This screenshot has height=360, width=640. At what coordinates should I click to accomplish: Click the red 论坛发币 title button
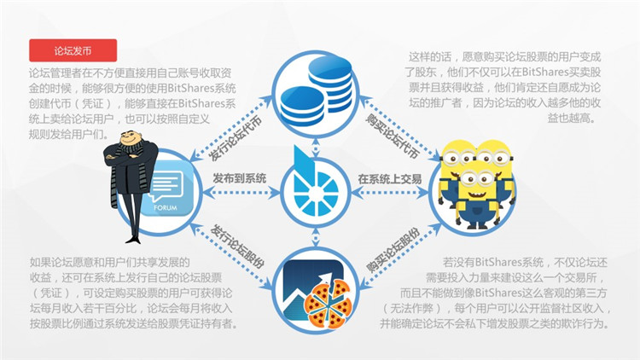[73, 50]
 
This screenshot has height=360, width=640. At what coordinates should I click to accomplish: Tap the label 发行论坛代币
[235, 138]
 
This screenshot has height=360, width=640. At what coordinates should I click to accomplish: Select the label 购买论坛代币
[393, 136]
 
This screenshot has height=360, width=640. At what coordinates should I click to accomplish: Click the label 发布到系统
[240, 178]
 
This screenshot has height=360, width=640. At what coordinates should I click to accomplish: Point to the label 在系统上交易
[390, 179]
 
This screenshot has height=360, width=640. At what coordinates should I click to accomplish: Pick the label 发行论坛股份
[236, 247]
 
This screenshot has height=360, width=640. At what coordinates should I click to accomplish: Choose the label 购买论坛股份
[393, 250]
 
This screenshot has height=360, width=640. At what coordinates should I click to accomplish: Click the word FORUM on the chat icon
[166, 208]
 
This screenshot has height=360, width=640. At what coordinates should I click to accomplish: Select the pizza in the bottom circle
[328, 304]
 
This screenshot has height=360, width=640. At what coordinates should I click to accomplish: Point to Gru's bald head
[130, 136]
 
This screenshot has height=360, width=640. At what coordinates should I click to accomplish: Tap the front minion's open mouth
[478, 193]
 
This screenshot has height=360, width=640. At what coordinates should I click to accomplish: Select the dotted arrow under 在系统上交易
[390, 192]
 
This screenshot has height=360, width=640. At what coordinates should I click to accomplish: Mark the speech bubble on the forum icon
[166, 187]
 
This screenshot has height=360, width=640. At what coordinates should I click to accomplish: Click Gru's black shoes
[133, 239]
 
